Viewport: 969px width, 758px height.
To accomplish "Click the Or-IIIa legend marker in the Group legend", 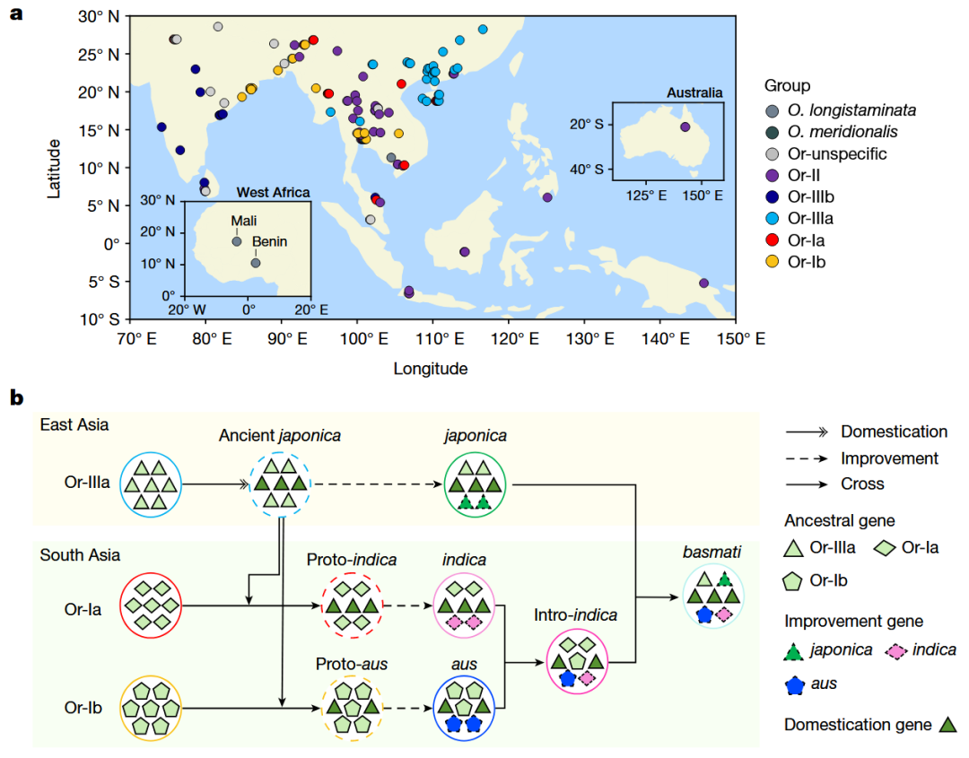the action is point(772,219).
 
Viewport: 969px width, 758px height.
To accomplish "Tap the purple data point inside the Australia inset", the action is point(685,126).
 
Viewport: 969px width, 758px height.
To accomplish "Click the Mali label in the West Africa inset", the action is point(243,221).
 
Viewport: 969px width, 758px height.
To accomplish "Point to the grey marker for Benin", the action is point(255,263).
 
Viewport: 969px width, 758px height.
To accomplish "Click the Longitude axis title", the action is point(431,369).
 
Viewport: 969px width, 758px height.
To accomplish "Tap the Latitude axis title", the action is point(55,169).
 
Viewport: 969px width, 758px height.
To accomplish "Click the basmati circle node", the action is point(713,597).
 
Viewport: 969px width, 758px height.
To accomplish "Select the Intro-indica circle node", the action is point(577,662).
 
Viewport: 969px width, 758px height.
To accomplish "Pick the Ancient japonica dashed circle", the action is point(280,484).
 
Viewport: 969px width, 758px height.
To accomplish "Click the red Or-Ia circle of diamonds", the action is point(150,606).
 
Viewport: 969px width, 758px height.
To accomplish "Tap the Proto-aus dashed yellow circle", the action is point(353,709).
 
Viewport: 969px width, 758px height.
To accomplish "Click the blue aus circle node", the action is point(464,709).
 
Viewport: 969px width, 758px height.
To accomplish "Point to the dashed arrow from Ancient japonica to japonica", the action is point(378,484).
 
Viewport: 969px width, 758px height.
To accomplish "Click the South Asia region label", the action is point(80,555).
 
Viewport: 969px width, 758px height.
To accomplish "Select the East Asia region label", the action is point(74,425).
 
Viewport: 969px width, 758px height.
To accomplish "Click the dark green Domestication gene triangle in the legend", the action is point(948,725).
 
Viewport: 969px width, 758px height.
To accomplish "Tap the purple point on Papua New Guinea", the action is point(704,283).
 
